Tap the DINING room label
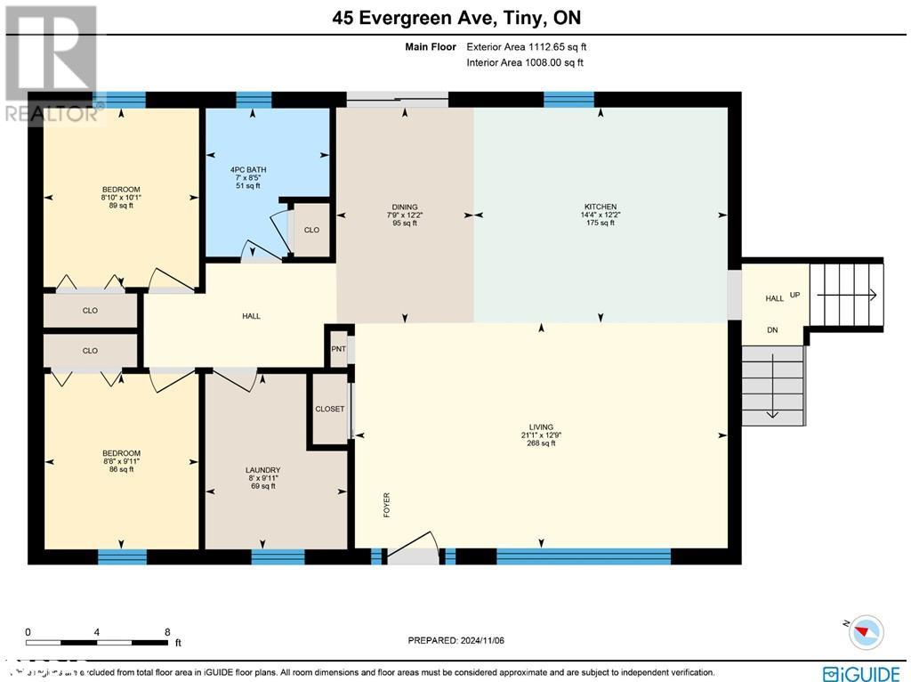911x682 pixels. pyautogui.click(x=405, y=207)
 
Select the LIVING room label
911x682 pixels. pyautogui.click(x=540, y=427)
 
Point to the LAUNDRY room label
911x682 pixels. pyautogui.click(x=262, y=470)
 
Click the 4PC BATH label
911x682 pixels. pyautogui.click(x=248, y=169)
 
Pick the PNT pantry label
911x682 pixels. pyautogui.click(x=338, y=348)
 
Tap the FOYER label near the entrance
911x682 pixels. pyautogui.click(x=387, y=504)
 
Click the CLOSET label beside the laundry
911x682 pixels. pyautogui.click(x=329, y=409)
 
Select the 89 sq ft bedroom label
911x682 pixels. pyautogui.click(x=120, y=190)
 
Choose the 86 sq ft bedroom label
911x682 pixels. pyautogui.click(x=120, y=454)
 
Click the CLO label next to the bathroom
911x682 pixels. pyautogui.click(x=311, y=230)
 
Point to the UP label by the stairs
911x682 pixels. pyautogui.click(x=794, y=295)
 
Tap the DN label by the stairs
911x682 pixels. pyautogui.click(x=773, y=329)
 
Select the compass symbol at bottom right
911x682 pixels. pyautogui.click(x=865, y=631)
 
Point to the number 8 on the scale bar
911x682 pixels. pyautogui.click(x=167, y=631)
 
